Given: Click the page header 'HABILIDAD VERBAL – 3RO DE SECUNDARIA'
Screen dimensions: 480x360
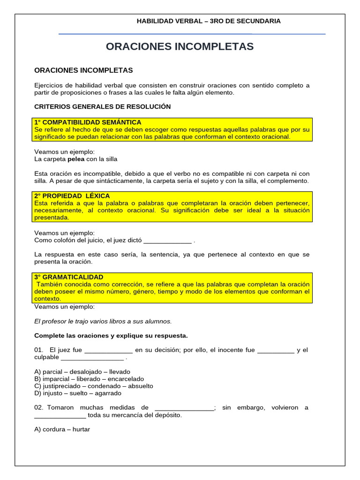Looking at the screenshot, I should click(208, 21).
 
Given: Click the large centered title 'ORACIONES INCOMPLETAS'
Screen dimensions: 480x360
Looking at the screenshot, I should click(180, 46).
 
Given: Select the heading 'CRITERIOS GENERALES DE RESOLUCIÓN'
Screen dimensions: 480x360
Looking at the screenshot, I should click(102, 106).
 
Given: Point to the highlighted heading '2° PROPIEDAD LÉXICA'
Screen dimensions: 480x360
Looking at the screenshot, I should click(72, 195).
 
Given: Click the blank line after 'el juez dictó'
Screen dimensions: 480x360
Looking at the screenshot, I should click(167, 240).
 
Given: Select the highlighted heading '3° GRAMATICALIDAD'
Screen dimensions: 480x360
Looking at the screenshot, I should click(68, 277).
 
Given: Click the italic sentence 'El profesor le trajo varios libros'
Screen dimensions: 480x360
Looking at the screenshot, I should click(103, 321).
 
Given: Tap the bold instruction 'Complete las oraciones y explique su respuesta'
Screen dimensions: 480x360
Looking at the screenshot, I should click(111, 335).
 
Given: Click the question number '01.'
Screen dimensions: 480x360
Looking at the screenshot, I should click(39, 350).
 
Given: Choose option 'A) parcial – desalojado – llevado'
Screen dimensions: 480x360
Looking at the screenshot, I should click(82, 372).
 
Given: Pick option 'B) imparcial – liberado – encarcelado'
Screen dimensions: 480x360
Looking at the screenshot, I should click(89, 379).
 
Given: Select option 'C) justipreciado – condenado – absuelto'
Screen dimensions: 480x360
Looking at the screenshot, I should click(94, 386).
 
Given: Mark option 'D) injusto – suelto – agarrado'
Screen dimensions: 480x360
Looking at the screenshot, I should click(78, 393).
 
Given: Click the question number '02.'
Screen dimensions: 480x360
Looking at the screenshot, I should click(39, 407).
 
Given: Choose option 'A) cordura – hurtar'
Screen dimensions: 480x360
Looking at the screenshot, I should click(62, 429).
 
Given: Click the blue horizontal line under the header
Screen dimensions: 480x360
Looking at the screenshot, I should click(192, 34).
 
